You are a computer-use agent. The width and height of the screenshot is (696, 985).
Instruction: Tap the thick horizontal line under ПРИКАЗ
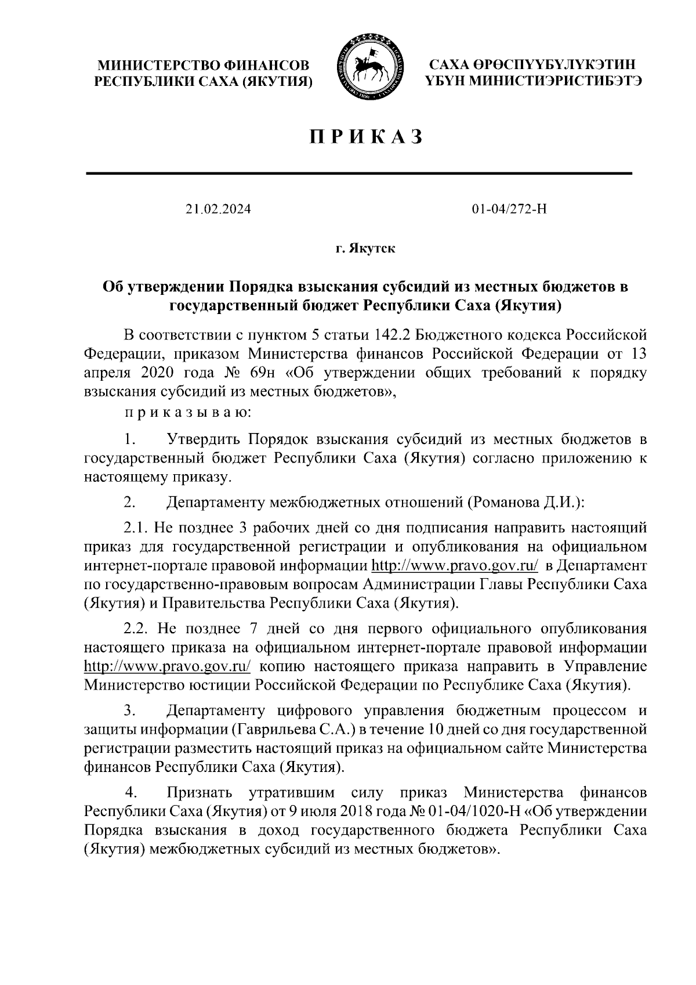point(358,173)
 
